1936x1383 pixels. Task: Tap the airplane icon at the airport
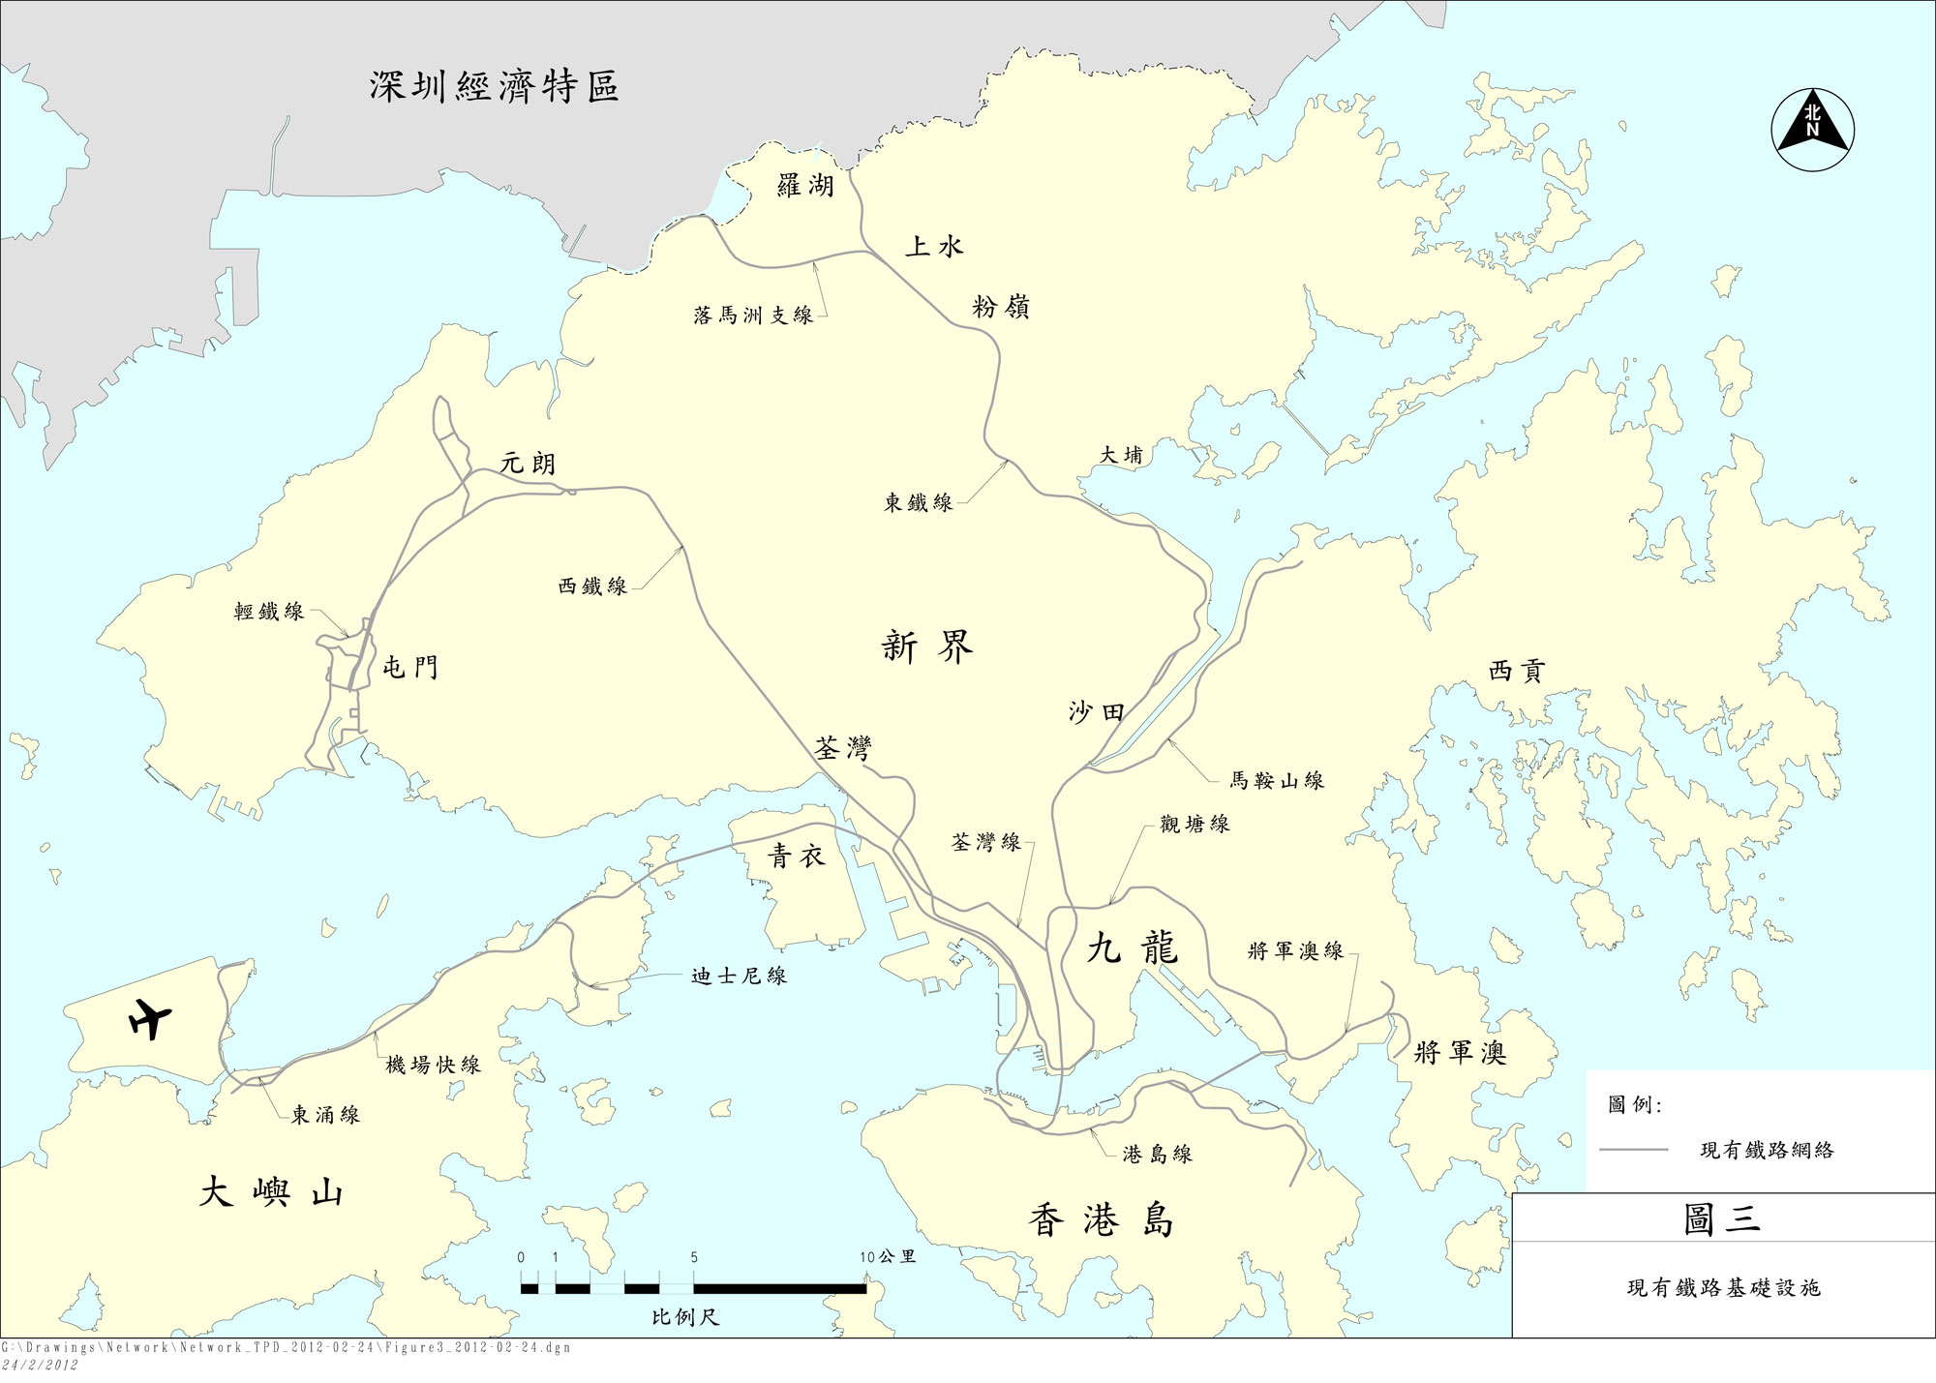coord(151,1018)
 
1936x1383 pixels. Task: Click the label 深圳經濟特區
coord(494,87)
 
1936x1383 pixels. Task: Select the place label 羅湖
coord(805,185)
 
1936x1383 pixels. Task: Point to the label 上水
coord(934,247)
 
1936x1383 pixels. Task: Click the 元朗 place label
coord(528,464)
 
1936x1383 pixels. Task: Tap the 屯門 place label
coord(410,667)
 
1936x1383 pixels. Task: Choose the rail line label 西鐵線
coord(592,586)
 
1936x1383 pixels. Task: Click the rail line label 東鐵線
coord(918,502)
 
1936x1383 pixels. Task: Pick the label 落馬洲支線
coord(753,316)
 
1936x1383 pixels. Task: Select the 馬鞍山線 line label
coord(1277,780)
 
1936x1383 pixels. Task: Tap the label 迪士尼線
coord(739,977)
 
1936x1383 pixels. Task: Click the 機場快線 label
coord(433,1066)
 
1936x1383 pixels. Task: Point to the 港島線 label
coord(1157,1154)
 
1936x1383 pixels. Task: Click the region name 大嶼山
coord(271,1192)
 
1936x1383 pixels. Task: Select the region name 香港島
coord(1102,1220)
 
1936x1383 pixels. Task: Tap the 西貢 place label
coord(1516,671)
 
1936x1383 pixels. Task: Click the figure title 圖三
coord(1721,1218)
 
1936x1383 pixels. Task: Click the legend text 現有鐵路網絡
coord(1767,1151)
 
